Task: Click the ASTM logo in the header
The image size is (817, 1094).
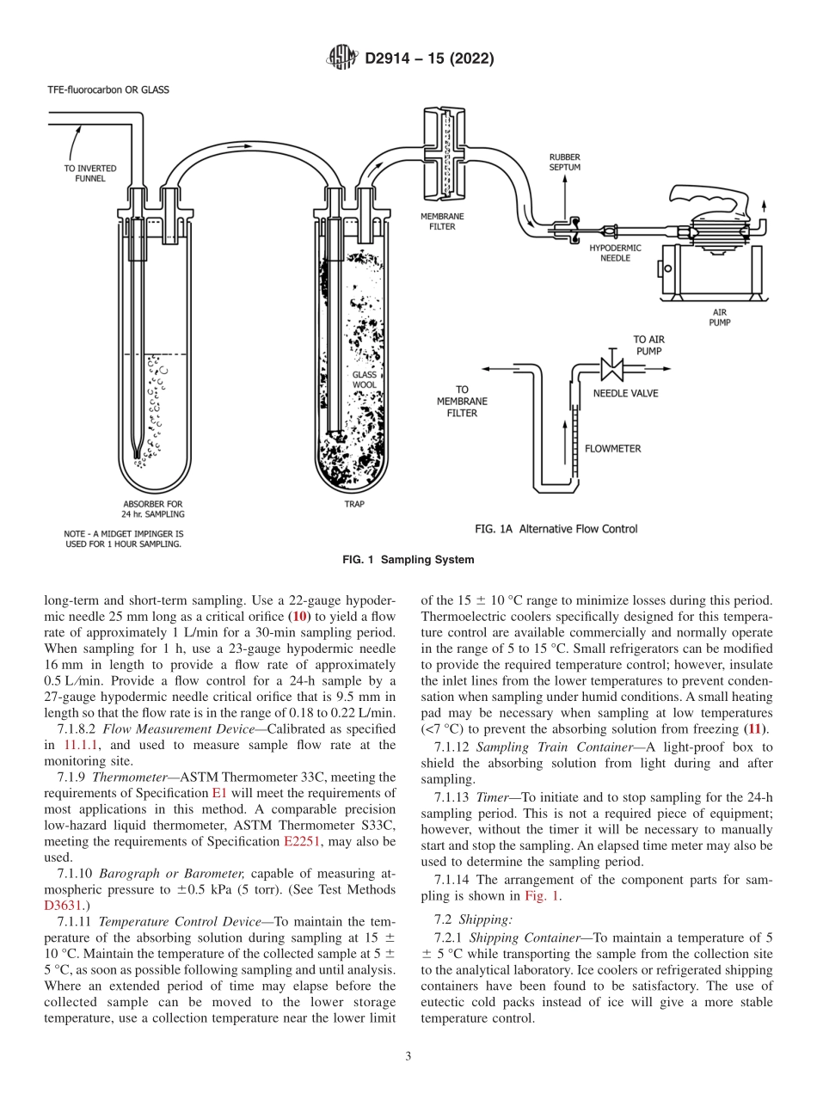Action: click(342, 58)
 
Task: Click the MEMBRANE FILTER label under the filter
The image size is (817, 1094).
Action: click(438, 222)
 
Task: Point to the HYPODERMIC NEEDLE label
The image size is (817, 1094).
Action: click(615, 252)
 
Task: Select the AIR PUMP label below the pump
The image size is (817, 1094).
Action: click(720, 317)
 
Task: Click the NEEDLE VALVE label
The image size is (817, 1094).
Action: click(625, 393)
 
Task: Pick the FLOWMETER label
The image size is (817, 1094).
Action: click(612, 448)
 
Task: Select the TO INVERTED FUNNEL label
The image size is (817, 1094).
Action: click(90, 173)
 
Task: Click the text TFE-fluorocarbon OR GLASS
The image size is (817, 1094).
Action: click(107, 89)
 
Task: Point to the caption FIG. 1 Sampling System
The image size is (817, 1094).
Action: click(408, 560)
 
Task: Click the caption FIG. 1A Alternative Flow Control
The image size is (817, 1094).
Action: click(556, 529)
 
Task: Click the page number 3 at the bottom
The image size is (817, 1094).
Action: click(408, 1057)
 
